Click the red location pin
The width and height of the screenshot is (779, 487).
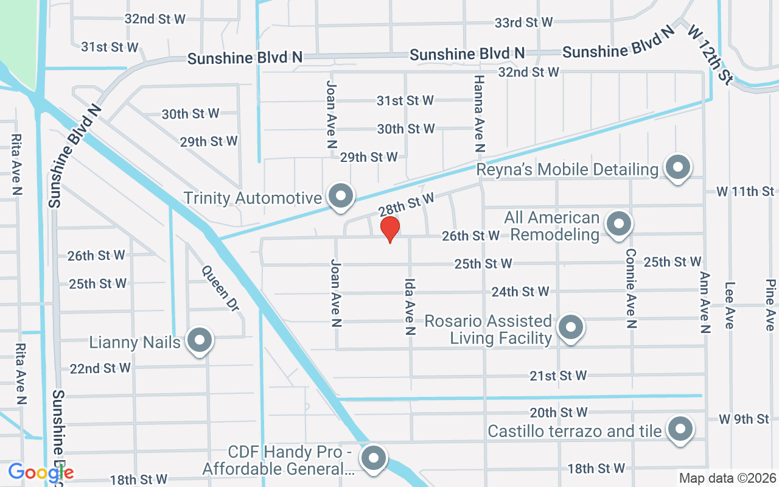(x=389, y=229)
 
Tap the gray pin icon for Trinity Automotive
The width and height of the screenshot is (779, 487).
(x=341, y=196)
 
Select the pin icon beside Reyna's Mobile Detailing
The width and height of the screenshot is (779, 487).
(x=676, y=167)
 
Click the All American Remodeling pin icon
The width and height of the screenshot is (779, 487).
(x=619, y=224)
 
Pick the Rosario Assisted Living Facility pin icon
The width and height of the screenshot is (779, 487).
(x=570, y=328)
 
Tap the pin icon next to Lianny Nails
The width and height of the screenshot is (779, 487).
(x=199, y=341)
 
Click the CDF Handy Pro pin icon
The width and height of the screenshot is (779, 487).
(x=372, y=458)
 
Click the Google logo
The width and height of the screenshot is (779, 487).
(x=41, y=472)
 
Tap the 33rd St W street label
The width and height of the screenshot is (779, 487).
(x=523, y=23)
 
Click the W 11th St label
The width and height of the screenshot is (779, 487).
(x=745, y=192)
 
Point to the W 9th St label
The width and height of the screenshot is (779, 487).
(x=744, y=419)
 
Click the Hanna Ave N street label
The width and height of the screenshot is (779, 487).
(x=479, y=113)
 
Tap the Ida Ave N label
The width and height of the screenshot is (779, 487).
(x=410, y=307)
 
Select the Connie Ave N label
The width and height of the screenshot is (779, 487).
(x=631, y=288)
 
